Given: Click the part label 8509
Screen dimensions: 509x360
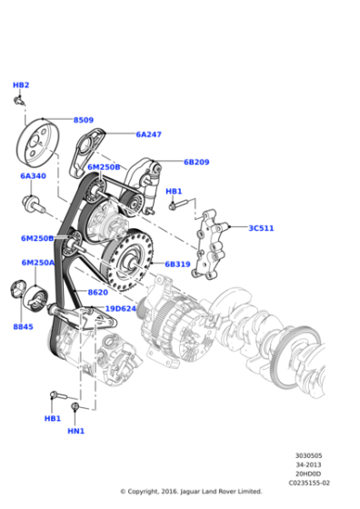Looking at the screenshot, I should click(84, 120).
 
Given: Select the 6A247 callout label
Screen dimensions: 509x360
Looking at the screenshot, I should click(149, 135).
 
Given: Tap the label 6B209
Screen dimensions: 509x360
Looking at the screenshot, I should click(196, 163).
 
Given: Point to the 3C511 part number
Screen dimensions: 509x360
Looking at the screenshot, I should click(261, 228).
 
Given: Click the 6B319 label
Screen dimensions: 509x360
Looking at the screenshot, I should click(177, 264).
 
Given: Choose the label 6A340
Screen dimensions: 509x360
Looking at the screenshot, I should click(34, 176).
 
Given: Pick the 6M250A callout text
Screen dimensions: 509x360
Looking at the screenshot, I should click(38, 263).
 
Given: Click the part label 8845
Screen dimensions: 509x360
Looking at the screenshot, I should click(23, 325).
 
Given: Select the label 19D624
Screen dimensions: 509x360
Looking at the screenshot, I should click(120, 308).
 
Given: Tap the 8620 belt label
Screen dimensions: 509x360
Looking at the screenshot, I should click(97, 292).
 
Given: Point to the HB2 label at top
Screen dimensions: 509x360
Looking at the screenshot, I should click(21, 85).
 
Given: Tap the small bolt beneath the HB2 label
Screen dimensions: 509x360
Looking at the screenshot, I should click(19, 100).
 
